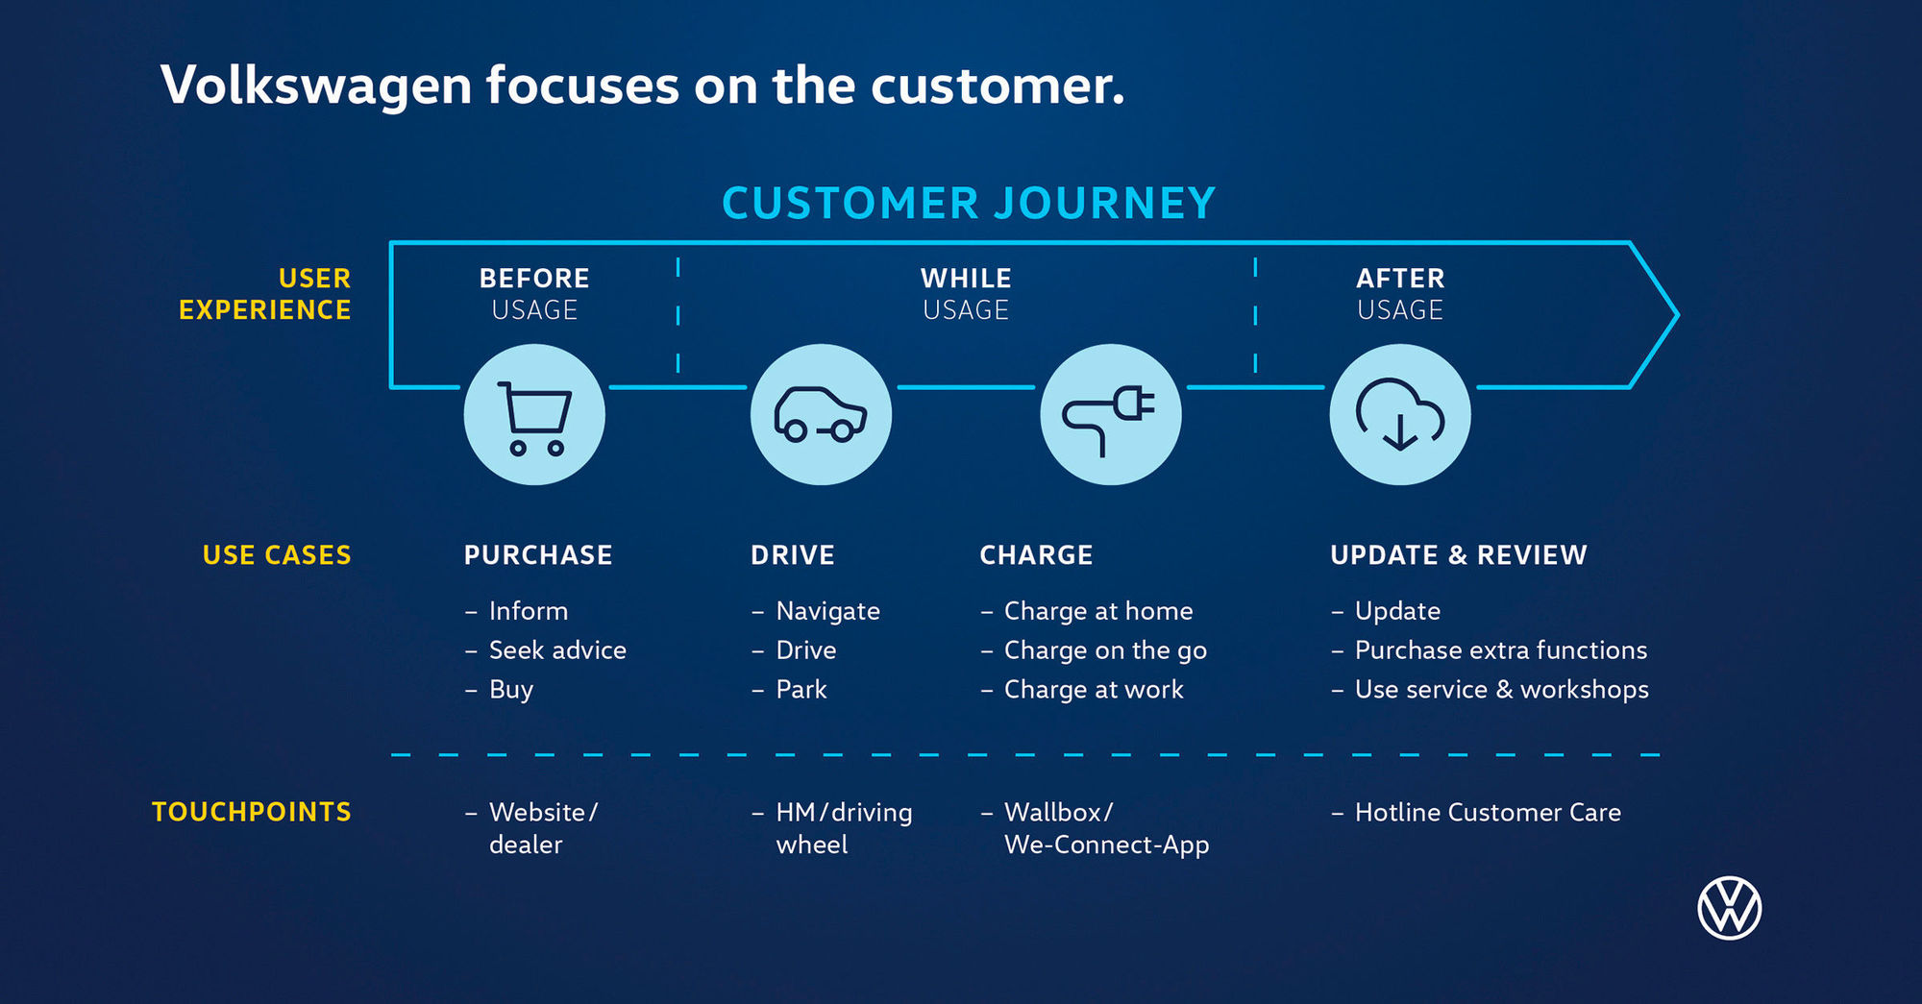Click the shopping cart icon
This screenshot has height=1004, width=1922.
[534, 415]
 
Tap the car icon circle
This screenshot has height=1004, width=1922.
[821, 415]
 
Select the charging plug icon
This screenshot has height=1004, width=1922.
[1110, 415]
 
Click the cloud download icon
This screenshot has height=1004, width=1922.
[1399, 415]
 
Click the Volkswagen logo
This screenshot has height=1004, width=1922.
[1729, 908]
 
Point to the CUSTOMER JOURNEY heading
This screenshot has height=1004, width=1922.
[969, 204]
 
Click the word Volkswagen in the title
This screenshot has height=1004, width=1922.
[316, 86]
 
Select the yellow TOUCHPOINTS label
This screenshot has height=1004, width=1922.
[252, 812]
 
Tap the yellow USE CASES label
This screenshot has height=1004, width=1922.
[277, 555]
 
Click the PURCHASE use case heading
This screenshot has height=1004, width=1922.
[538, 555]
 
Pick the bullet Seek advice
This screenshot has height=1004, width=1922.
[557, 650]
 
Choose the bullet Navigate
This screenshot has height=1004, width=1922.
[827, 611]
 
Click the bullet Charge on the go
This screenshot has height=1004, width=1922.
[1105, 650]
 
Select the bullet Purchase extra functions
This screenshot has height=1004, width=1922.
[1500, 650]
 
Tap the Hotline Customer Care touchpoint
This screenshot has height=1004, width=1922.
[1488, 813]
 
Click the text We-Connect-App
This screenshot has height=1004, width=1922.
[1106, 845]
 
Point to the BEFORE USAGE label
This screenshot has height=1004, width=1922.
[534, 294]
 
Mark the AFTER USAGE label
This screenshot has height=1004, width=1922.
[1400, 294]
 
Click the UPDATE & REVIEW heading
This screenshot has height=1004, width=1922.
[1458, 555]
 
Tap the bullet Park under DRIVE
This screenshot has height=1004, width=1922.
[801, 690]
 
